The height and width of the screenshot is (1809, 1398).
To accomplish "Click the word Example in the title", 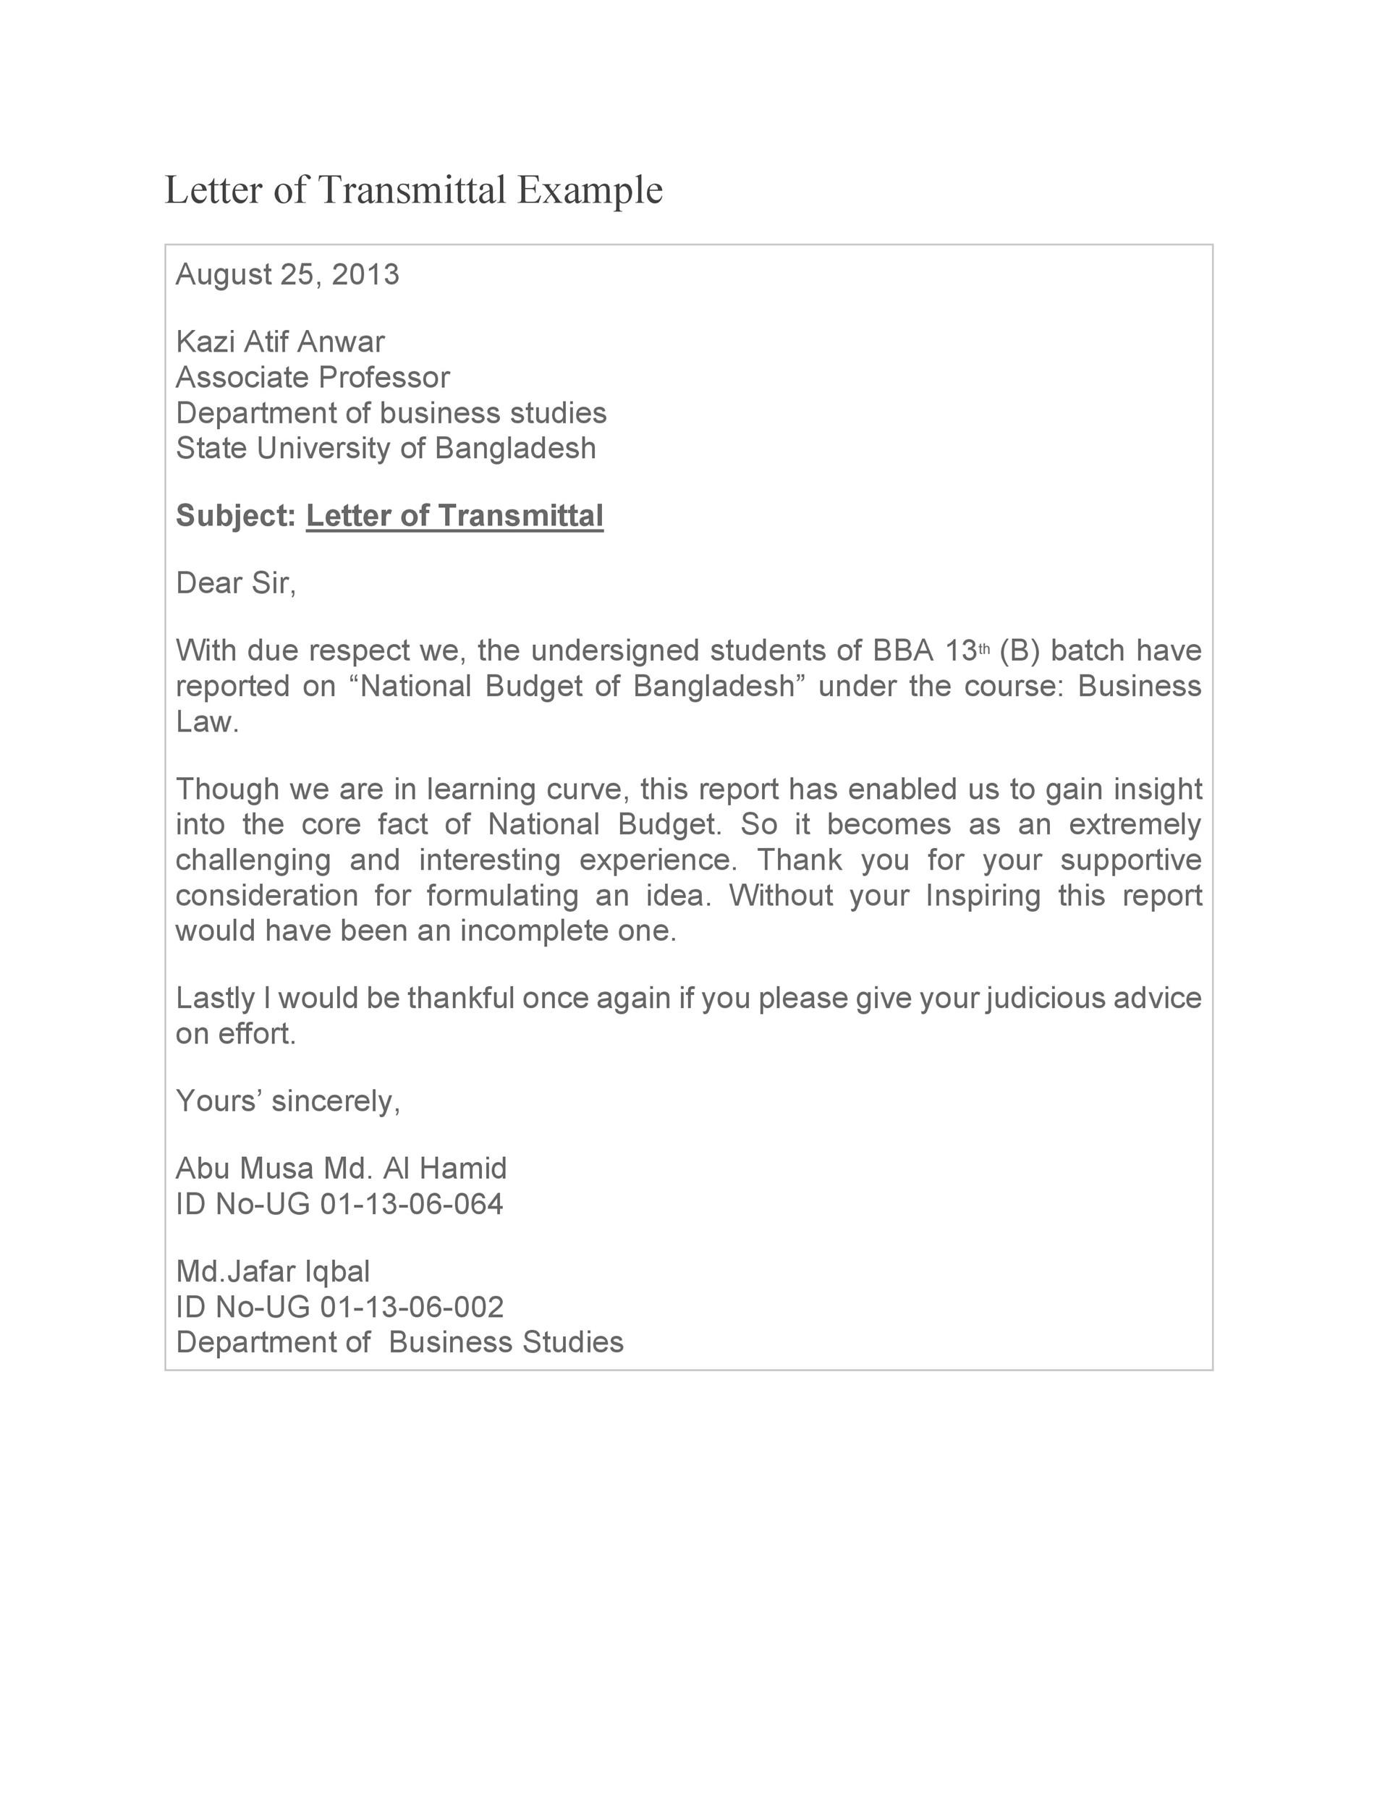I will [x=590, y=190].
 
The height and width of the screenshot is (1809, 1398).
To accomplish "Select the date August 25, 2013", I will [x=287, y=274].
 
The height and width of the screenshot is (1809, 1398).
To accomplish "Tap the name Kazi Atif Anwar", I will [x=280, y=342].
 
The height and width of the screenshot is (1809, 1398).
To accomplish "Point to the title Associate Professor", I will [x=312, y=377].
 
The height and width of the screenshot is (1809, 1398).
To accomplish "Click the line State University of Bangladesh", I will [x=386, y=448].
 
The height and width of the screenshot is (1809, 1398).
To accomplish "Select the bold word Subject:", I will [x=236, y=515].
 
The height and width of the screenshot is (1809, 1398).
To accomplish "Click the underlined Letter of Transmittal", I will [x=454, y=515].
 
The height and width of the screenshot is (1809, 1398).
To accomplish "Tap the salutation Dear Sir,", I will [x=236, y=583].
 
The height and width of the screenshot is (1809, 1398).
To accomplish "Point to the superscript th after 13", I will [x=985, y=648].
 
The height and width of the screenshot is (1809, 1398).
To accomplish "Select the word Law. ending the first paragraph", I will [x=207, y=722].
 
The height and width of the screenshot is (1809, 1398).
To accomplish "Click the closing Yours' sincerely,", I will [x=288, y=1101].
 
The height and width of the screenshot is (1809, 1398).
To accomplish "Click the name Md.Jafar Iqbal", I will [x=274, y=1271].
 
